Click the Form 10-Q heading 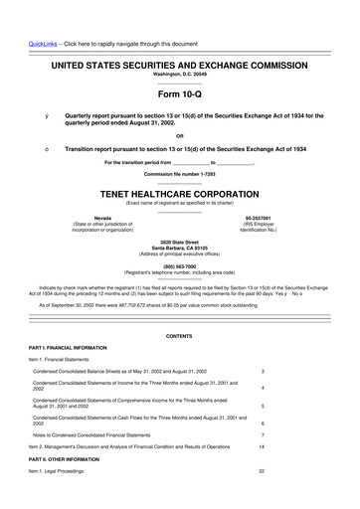[x=179, y=95]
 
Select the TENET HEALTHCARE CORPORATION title [x=179, y=196]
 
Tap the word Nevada [x=75, y=218]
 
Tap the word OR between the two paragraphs [x=179, y=135]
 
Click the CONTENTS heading [x=179, y=337]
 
